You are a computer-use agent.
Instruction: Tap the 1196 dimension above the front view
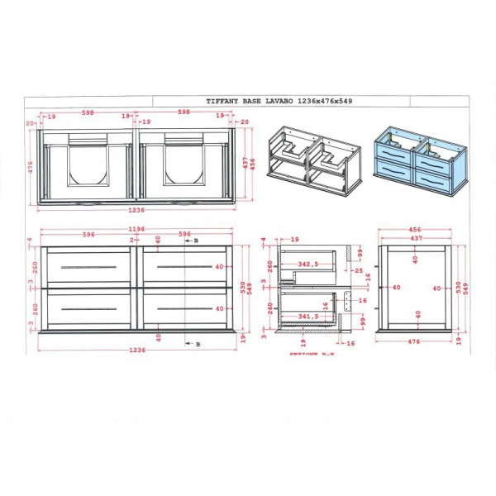137,228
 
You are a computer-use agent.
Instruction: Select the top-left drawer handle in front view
87,266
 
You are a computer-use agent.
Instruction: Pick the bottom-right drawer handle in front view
187,308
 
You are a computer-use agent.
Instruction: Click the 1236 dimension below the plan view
137,211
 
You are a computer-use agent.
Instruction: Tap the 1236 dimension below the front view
137,350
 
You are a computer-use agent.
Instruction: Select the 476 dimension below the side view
414,341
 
